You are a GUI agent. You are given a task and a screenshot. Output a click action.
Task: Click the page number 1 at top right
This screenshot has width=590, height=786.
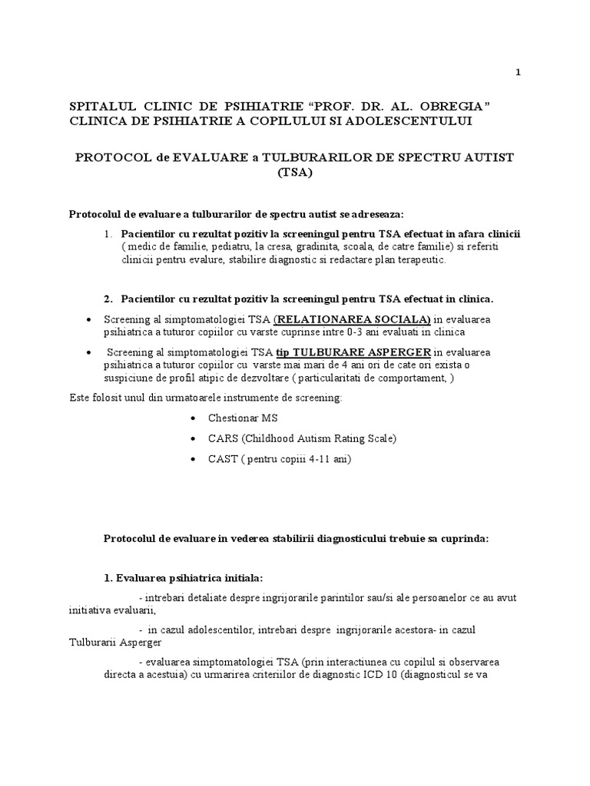pos(519,72)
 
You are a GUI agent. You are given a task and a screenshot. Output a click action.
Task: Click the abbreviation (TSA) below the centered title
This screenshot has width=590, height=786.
pos(295,173)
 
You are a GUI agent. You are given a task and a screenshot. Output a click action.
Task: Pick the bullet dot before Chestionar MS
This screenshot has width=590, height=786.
pos(192,419)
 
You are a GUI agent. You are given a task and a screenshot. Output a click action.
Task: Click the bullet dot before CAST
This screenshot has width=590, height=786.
pos(192,460)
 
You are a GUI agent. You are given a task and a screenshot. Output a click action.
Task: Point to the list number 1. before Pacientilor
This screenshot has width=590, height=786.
pos(111,233)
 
